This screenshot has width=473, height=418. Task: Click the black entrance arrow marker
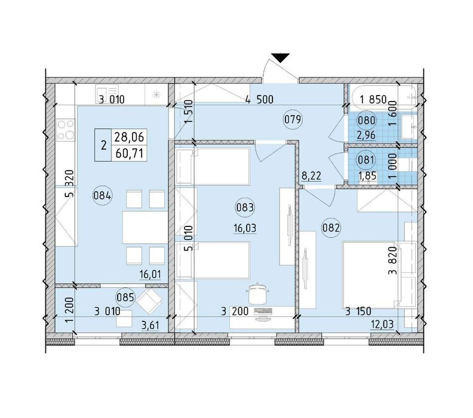280,57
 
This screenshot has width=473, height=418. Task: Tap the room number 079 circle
293,120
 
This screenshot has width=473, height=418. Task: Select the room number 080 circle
367,121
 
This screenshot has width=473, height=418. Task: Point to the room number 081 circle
365,159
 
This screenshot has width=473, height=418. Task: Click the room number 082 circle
331,228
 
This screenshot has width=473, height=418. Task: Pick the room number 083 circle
245,207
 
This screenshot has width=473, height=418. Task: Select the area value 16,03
245,228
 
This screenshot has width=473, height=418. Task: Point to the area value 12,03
382,325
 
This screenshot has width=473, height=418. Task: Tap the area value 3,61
150,325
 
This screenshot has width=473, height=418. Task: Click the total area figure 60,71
130,154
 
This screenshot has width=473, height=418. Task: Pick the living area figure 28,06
130,137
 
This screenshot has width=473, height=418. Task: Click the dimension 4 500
259,99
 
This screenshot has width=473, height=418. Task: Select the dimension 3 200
235,312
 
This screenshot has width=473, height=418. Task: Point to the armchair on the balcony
149,300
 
